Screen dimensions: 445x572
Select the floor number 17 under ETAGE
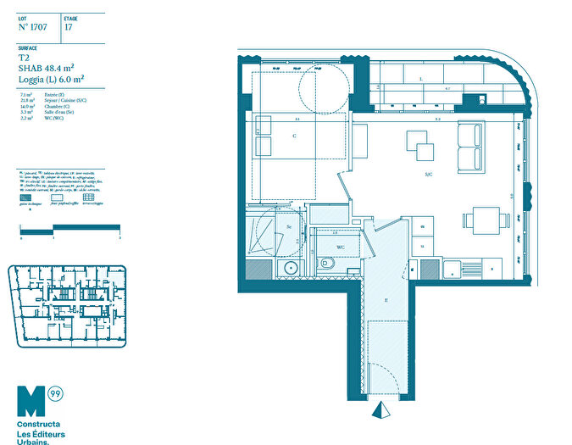pos(68,27)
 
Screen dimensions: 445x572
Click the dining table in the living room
pos(485,220)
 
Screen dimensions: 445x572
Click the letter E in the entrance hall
pos(386,300)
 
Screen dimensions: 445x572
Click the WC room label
pos(340,248)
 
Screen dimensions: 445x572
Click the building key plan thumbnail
pos(67,305)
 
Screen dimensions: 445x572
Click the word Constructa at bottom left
pos(38,422)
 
